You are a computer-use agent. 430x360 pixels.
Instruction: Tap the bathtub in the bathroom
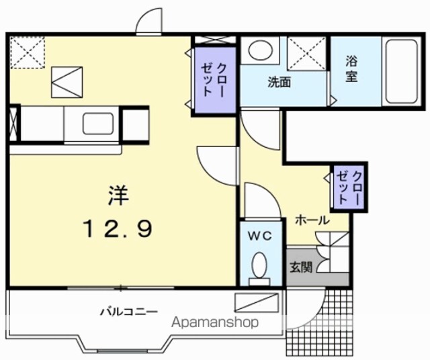pos(402,71)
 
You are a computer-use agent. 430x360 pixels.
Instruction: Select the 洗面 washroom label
pos(279,82)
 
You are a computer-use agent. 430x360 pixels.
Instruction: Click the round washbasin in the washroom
pos(260,50)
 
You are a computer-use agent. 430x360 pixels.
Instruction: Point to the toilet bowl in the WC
pos(259,265)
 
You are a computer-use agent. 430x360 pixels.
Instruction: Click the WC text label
pos(259,236)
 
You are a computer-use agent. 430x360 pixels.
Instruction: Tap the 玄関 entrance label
pos(301,267)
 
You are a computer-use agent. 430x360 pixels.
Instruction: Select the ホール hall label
pos(312,220)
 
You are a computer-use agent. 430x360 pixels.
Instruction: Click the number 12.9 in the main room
pos(118,228)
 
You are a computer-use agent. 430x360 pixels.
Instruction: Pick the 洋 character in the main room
pos(118,195)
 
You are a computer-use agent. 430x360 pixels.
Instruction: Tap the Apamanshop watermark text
pos(215,322)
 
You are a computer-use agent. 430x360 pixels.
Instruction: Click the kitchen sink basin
pos(98,124)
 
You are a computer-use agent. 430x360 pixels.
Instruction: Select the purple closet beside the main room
pos(215,80)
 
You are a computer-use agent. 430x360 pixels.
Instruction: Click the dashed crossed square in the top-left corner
pos(28,52)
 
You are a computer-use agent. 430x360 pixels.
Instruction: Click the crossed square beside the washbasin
pos(306,54)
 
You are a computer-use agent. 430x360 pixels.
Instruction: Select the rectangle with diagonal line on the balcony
pos(257,302)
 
